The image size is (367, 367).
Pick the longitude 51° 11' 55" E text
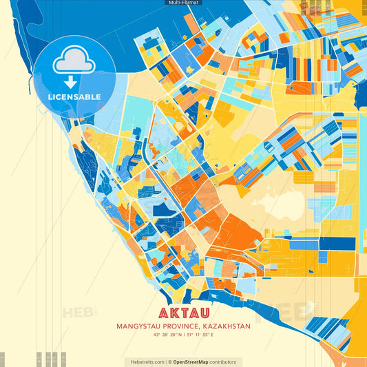click(x=201, y=335)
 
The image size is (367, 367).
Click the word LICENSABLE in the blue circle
click(x=74, y=96)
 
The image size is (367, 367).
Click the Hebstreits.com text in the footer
click(x=144, y=361)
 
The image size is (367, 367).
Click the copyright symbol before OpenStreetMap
click(x=169, y=361)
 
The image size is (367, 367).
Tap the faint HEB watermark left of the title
click(x=79, y=313)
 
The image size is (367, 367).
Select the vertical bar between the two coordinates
click(x=182, y=335)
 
